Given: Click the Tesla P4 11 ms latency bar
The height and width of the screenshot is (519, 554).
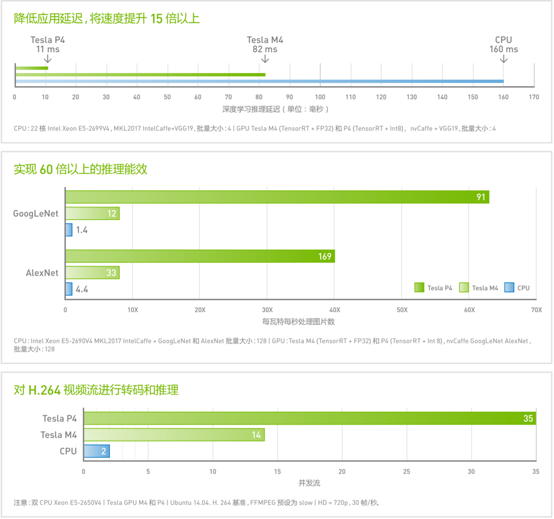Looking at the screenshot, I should pyautogui.click(x=32, y=68).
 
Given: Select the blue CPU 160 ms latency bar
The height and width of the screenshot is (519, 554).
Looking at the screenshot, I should pyautogui.click(x=259, y=81).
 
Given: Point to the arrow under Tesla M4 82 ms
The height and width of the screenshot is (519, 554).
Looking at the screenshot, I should pyautogui.click(x=265, y=60).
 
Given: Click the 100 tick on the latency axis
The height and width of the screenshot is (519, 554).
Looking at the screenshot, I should pyautogui.click(x=320, y=97).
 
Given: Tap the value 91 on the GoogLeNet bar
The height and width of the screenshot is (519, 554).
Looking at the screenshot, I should pyautogui.click(x=481, y=197).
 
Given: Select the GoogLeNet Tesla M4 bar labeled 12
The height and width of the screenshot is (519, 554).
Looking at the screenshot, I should pyautogui.click(x=92, y=213).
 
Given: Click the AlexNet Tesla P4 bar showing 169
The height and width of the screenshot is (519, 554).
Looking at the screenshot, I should pyautogui.click(x=200, y=256).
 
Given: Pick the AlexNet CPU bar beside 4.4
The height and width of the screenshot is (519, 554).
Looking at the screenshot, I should pyautogui.click(x=69, y=289).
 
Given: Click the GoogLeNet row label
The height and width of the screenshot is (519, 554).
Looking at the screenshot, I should pyautogui.click(x=36, y=213).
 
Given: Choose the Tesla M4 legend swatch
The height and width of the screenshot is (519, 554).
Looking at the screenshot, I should pyautogui.click(x=463, y=288).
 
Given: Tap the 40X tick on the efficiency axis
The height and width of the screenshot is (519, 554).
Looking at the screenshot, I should pyautogui.click(x=335, y=309).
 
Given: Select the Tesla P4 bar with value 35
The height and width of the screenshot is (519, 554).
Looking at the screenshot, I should pyautogui.click(x=309, y=418).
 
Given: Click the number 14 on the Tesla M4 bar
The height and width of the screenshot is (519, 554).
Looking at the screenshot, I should pyautogui.click(x=256, y=435).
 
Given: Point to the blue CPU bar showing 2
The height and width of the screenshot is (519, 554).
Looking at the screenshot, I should pyautogui.click(x=97, y=451).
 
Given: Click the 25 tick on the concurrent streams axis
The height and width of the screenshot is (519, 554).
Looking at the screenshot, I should pyautogui.click(x=406, y=471).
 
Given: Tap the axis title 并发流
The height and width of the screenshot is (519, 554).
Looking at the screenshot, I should pyautogui.click(x=309, y=483).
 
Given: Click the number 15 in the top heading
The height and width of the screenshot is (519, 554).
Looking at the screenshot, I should pyautogui.click(x=156, y=18).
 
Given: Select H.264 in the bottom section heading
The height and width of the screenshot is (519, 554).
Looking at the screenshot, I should pyautogui.click(x=44, y=390).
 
